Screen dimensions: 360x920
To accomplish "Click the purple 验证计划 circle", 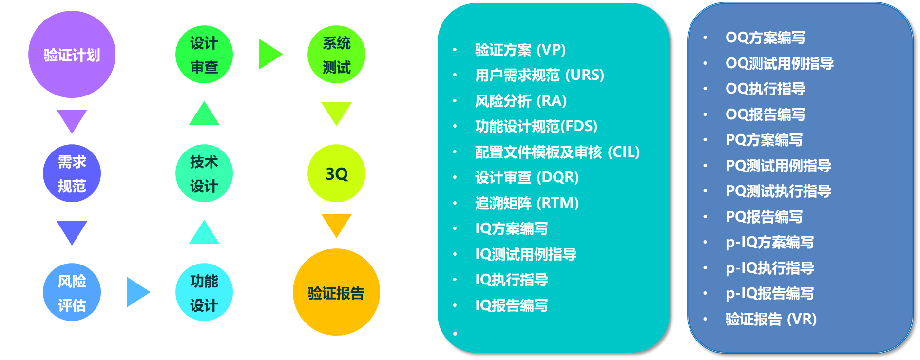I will click(72, 55).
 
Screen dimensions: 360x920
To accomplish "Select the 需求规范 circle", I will click(72, 173).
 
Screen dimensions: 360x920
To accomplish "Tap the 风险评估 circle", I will click(72, 292).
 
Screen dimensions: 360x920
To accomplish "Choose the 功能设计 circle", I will click(204, 292).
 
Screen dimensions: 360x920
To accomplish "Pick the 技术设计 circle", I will click(204, 173).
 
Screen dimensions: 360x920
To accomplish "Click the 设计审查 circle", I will click(204, 55).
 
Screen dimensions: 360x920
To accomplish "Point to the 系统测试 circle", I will click(336, 55).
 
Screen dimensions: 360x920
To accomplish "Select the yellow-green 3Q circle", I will click(336, 173).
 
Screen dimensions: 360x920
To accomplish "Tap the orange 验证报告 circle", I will click(336, 292).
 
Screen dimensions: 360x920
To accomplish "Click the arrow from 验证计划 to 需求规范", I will click(72, 120).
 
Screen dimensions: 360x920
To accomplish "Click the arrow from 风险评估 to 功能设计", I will click(137, 292).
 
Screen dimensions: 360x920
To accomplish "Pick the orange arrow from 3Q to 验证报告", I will click(336, 224).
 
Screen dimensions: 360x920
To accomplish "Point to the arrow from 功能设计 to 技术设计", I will click(204, 233).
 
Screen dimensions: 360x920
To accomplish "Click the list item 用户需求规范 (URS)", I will click(539, 76).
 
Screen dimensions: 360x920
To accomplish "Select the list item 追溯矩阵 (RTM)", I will click(527, 203).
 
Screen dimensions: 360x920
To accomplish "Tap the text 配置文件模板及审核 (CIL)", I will click(557, 152).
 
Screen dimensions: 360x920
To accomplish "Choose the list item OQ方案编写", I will click(765, 38).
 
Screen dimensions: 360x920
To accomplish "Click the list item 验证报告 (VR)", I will click(770, 319).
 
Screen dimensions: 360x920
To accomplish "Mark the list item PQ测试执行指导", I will click(778, 191).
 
